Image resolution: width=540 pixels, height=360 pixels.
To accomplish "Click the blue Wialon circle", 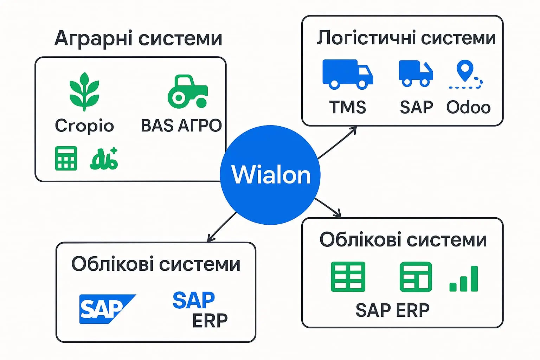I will coord(270,175).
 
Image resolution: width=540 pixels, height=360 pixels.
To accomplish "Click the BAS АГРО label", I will coord(181,126).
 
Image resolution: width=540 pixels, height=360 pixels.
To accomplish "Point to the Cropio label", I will coord(84,126).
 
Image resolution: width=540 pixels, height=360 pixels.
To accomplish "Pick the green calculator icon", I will coord(66,158).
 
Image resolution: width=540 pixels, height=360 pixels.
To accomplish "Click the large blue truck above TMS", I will coord(347,74).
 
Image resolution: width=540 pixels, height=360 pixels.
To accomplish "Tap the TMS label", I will coord(347,107).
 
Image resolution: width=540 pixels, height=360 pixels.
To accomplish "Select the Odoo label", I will coord(468,107).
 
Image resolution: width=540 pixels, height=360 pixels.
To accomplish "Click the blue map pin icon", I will coord(465,70).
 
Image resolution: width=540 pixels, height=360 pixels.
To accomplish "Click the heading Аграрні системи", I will coord(139,38).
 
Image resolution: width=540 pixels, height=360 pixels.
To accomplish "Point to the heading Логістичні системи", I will coord(406,37).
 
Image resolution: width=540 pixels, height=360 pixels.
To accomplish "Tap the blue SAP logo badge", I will coord(105,309).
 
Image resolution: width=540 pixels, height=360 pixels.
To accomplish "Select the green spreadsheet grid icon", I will coord(348,277).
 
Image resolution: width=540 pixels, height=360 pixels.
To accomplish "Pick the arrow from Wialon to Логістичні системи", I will coord(337,143).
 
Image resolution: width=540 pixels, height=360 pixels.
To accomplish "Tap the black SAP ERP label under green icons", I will coord(392,310).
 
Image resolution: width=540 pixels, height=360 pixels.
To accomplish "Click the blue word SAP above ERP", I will coord(194,300).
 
